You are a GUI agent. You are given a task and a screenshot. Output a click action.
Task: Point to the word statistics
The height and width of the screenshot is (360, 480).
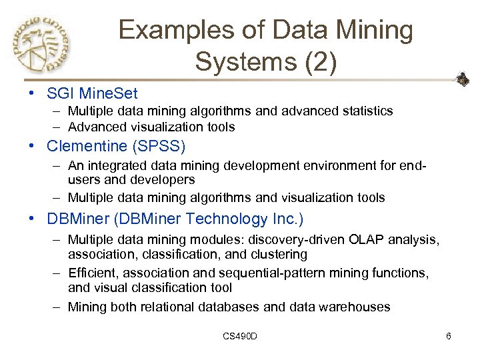click(363, 111)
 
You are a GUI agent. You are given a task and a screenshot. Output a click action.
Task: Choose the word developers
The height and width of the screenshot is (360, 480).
click(167, 180)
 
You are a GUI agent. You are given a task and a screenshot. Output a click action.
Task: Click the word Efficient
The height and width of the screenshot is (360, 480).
click(92, 273)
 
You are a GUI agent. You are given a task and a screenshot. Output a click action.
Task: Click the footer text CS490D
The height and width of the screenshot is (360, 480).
click(240, 336)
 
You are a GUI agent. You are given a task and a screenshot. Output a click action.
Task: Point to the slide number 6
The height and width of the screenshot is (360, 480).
click(449, 336)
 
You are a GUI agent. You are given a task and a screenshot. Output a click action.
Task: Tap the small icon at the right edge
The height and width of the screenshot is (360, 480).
click(462, 80)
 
